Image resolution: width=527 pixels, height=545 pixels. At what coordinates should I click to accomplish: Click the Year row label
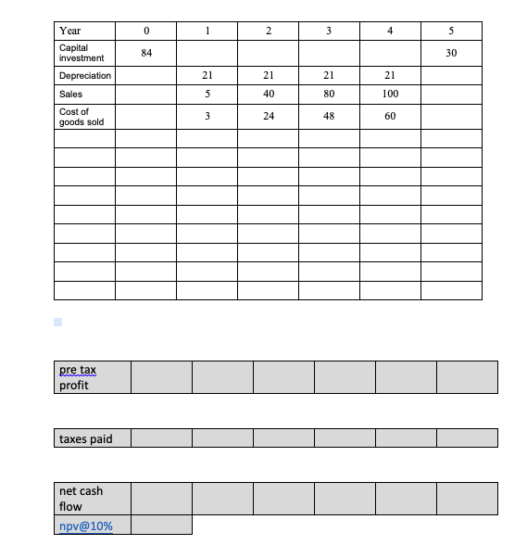pos(69,32)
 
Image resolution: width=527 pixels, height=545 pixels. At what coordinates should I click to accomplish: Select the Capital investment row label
pos(81,53)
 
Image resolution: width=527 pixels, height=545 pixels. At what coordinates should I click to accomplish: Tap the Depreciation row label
pos(84,75)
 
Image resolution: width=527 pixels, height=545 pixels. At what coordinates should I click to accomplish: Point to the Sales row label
pos(70,94)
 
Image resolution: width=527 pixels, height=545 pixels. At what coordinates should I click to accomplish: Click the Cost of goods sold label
pos(82,117)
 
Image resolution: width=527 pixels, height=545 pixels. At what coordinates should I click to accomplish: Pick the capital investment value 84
pos(145,53)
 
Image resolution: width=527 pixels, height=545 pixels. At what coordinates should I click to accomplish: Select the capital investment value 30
pos(451,53)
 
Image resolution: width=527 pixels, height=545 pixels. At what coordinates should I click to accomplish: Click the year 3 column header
pos(329,32)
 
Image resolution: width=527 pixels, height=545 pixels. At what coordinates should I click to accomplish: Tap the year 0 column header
pos(145,32)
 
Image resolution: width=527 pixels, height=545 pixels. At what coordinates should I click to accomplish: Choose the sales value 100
pos(390,94)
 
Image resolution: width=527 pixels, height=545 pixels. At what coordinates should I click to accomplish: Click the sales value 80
pos(329,94)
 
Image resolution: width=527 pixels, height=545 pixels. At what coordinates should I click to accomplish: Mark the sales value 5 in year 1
pos(207,94)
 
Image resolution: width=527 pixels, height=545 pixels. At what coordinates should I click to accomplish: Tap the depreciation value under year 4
pos(390,75)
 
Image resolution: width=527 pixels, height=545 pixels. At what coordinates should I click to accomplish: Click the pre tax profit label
pos(77,377)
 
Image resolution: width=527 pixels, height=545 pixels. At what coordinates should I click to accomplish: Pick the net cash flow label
pos(82,499)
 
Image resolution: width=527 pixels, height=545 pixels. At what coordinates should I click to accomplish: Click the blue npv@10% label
pos(85,526)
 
